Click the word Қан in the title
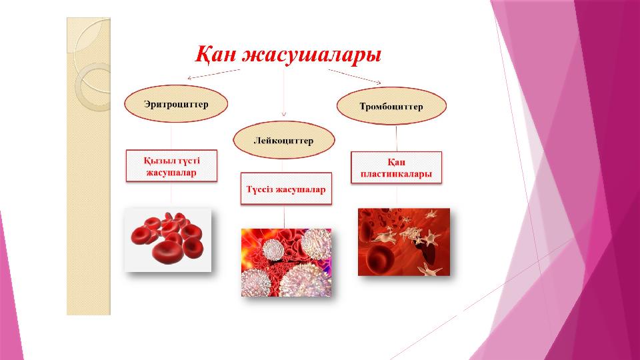coord(215,54)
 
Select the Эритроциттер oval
coord(176,104)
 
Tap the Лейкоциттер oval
coord(284,141)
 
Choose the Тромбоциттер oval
coord(391,106)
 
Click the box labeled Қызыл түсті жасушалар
coord(171,166)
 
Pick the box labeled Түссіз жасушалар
coord(286,189)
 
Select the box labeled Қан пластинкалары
coord(396,168)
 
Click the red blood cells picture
coord(168,239)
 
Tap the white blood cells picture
coord(286,263)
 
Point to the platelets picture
coord(404,242)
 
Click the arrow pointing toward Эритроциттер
coord(213,74)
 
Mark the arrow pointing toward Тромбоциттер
coord(355,77)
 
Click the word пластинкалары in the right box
coord(396,174)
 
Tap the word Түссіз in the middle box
coord(259,189)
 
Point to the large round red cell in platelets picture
coord(380,256)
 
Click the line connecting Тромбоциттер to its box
coord(396,139)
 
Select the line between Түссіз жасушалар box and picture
coord(285,217)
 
